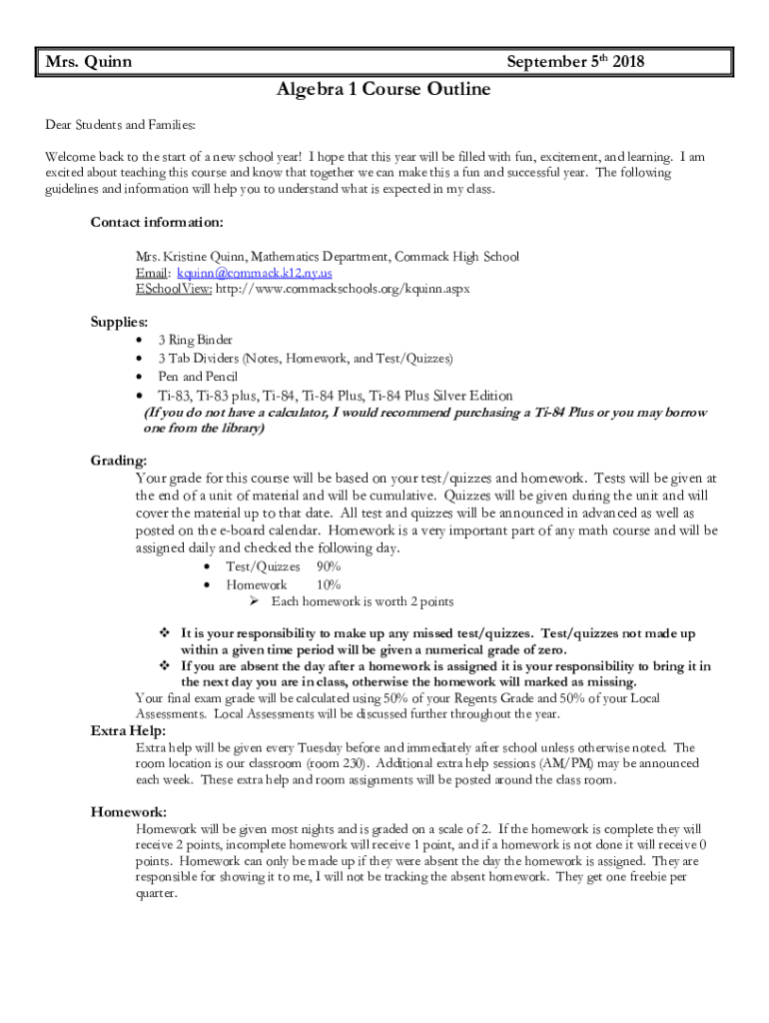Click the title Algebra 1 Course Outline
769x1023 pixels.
pos(384,90)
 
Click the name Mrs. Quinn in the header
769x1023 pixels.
pos(89,62)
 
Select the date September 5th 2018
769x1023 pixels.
pos(575,62)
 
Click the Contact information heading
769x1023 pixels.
pos(157,222)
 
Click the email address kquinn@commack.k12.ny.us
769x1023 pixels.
pos(255,273)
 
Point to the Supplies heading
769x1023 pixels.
pos(120,323)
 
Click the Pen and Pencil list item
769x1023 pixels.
pos(198,377)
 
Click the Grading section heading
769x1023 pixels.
pos(119,461)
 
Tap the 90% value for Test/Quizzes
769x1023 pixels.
pos(328,566)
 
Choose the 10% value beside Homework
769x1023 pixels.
pos(328,584)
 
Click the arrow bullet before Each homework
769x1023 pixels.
pos(255,601)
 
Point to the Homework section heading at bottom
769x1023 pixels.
pos(129,812)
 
